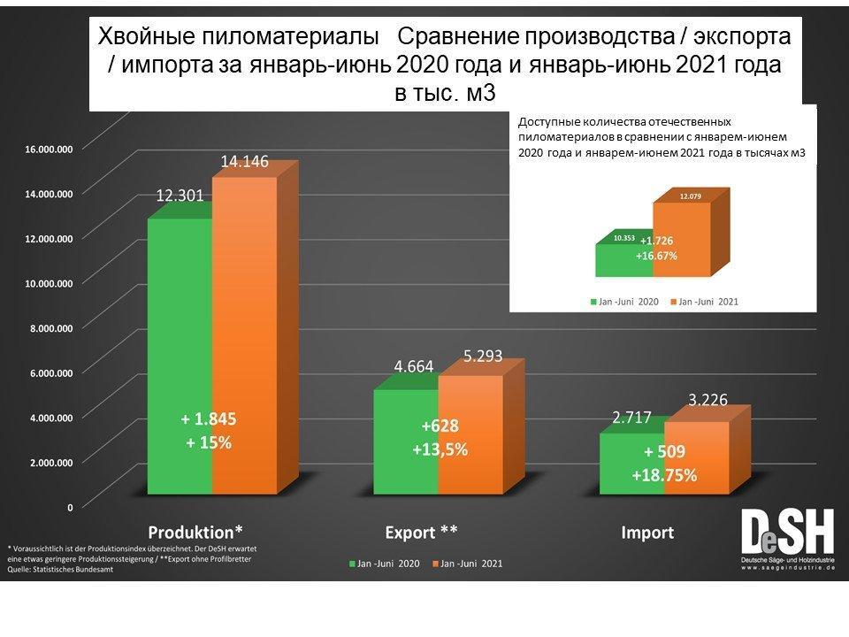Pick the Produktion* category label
(x=195, y=533)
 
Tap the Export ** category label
(x=422, y=533)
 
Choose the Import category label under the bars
(x=647, y=533)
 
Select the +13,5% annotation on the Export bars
(x=440, y=449)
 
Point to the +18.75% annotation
(x=664, y=475)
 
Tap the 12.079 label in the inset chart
(x=691, y=196)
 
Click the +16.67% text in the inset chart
(x=656, y=256)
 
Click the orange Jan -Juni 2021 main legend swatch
(x=435, y=563)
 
